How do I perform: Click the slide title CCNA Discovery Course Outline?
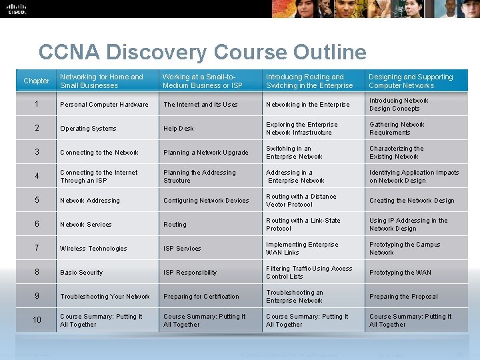[x=202, y=52]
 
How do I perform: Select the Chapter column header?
[x=37, y=81]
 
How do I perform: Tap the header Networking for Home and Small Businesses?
[x=101, y=81]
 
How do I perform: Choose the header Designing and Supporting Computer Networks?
[x=411, y=81]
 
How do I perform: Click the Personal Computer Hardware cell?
[x=104, y=105]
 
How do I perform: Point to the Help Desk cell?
[x=179, y=129]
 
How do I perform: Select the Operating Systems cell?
[x=88, y=129]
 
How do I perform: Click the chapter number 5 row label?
[x=37, y=200]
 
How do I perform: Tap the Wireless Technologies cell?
[x=93, y=249]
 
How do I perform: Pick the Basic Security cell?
[x=81, y=273]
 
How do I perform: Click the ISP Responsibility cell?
[x=190, y=273]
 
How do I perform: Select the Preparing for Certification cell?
[x=201, y=297]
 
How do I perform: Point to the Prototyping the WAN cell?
[x=400, y=273]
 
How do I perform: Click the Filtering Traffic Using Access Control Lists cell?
[x=309, y=273]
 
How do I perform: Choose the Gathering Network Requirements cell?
[x=397, y=129]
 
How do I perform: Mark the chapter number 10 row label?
[x=37, y=320]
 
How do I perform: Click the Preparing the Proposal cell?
[x=403, y=297]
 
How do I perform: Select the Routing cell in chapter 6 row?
[x=175, y=225]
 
